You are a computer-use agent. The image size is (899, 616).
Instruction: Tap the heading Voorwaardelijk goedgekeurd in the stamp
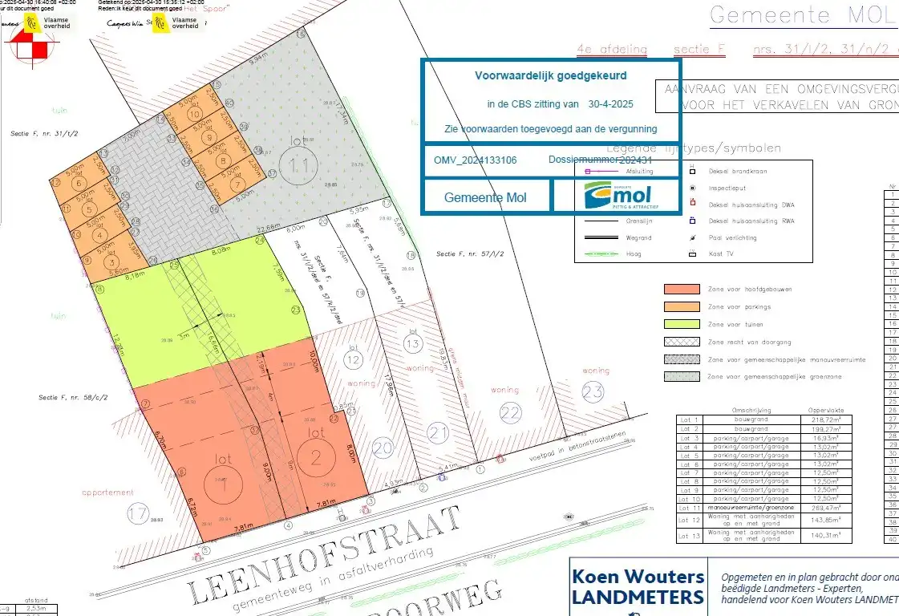pyautogui.click(x=551, y=75)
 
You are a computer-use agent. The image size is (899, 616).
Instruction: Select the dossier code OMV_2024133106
pyautogui.click(x=476, y=160)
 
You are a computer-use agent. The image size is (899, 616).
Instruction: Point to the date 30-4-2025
pyautogui.click(x=611, y=104)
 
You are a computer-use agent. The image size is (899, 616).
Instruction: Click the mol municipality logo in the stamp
pyautogui.click(x=617, y=195)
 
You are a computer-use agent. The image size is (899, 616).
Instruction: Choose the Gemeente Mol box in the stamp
pyautogui.click(x=486, y=197)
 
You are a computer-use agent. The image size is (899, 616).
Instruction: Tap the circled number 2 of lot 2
pyautogui.click(x=314, y=457)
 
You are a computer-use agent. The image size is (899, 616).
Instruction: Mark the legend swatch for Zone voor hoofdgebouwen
pyautogui.click(x=680, y=290)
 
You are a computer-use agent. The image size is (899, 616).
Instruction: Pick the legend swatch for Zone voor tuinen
pyautogui.click(x=680, y=324)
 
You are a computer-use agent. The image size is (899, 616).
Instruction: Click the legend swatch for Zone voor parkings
pyautogui.click(x=680, y=306)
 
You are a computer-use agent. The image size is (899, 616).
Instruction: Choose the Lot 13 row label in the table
pyautogui.click(x=690, y=536)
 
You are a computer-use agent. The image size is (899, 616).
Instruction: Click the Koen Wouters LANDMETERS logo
pyautogui.click(x=638, y=586)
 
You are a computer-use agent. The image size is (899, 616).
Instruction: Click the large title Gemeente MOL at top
pyautogui.click(x=803, y=15)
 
